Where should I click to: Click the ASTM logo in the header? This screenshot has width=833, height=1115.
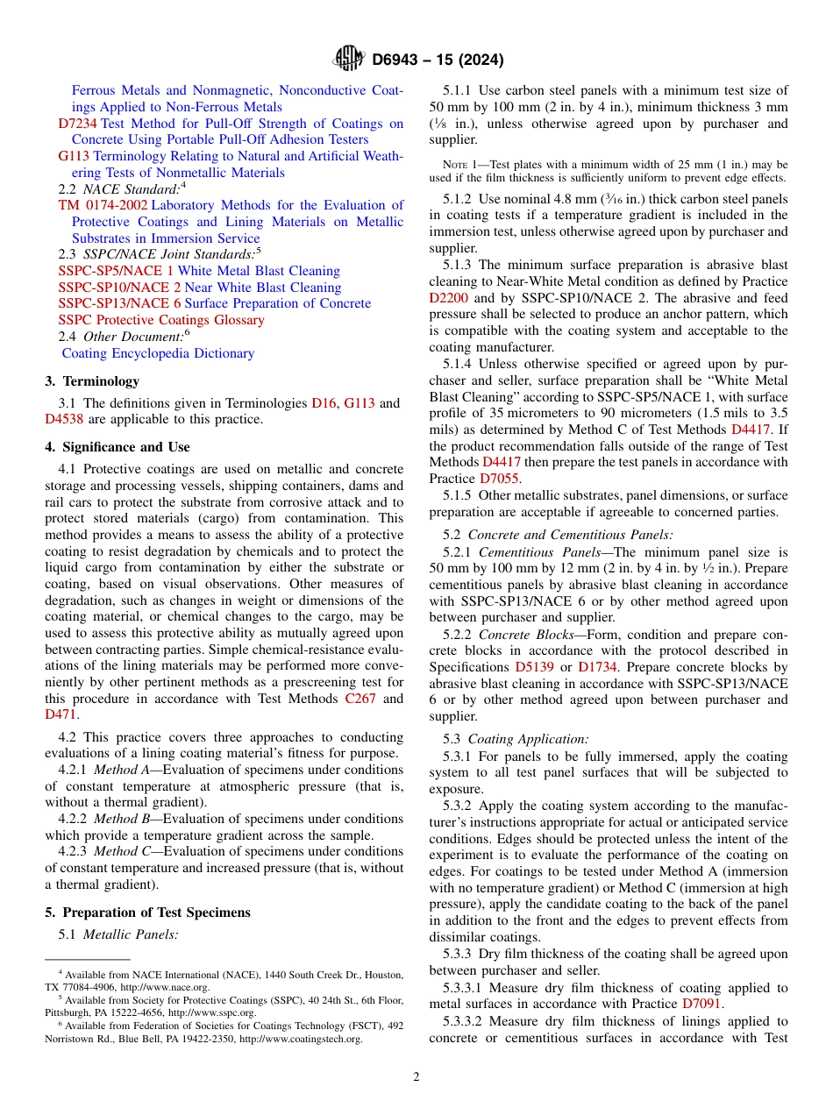(x=349, y=59)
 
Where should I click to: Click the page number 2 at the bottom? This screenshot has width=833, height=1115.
(x=416, y=1076)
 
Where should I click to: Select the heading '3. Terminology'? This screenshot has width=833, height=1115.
(x=92, y=381)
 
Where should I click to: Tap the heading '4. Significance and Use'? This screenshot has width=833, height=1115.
(x=117, y=447)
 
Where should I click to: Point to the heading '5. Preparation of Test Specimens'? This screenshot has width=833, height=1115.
(x=147, y=913)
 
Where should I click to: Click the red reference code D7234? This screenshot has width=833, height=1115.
(x=77, y=124)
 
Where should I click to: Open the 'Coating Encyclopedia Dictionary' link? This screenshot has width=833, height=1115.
(x=158, y=353)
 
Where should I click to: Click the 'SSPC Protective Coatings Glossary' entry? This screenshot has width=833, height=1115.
(x=160, y=320)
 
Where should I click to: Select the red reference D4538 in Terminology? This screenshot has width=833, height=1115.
(x=64, y=419)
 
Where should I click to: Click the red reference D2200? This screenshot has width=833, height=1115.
(x=449, y=298)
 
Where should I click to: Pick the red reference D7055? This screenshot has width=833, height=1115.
(x=499, y=479)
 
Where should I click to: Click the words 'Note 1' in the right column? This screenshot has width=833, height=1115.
(x=459, y=165)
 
